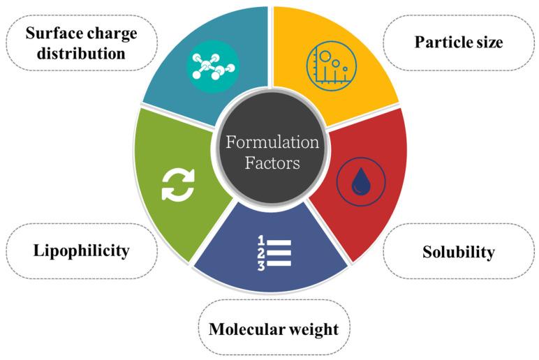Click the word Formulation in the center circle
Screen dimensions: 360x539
coord(272,142)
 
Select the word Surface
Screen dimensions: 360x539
coord(50,32)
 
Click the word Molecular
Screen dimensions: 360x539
coord(249,328)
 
